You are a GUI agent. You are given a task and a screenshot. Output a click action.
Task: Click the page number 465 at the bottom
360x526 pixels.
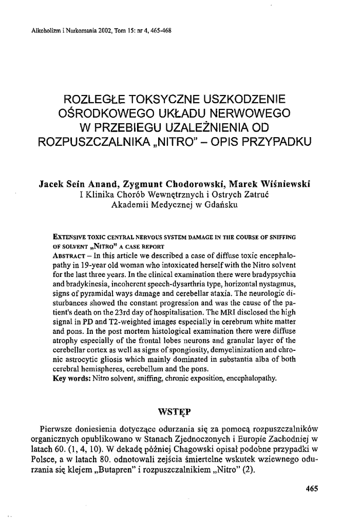coord(312,489)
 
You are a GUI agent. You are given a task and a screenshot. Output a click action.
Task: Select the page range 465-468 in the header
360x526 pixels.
coord(158,30)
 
